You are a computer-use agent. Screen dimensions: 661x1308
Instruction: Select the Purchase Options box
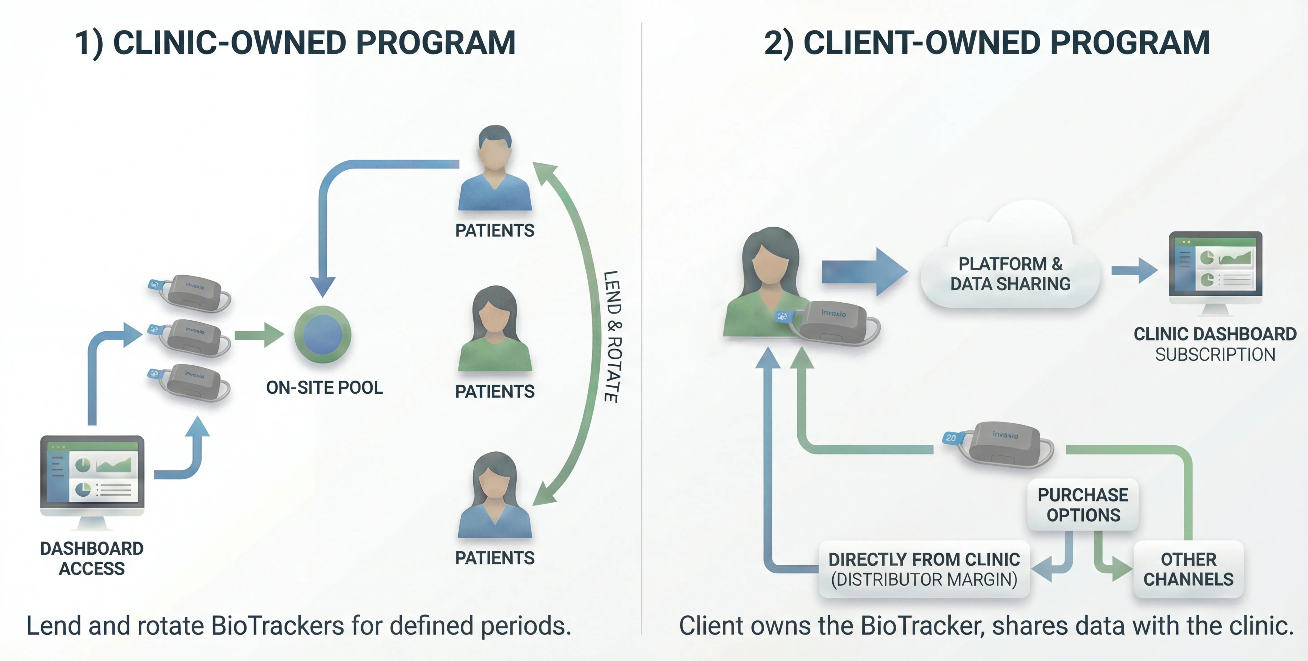1083,505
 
